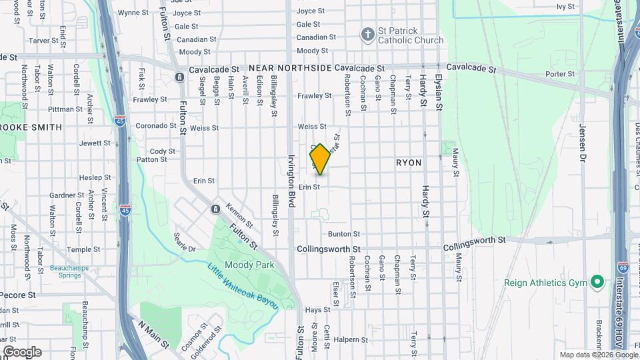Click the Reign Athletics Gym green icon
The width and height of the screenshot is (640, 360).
[597, 283]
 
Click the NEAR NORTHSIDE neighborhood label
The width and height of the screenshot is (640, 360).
[290, 69]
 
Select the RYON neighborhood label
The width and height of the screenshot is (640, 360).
[409, 162]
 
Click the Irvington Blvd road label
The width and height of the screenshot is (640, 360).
[291, 181]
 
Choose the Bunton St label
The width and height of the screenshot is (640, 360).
[344, 234]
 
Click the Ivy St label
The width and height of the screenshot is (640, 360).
[565, 6]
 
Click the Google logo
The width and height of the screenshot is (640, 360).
[22, 351]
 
